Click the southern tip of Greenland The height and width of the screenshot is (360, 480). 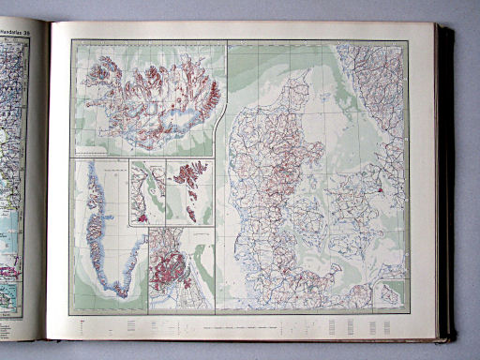click(x=121, y=292)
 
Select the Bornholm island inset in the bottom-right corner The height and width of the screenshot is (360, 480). click(x=389, y=292)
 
